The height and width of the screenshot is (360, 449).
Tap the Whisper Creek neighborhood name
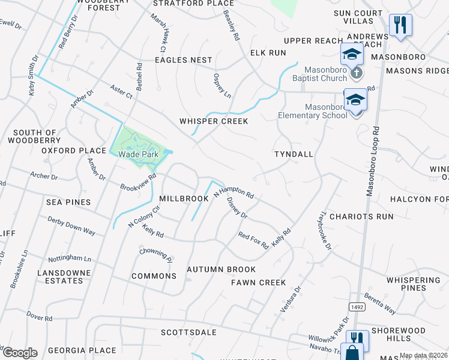(214, 121)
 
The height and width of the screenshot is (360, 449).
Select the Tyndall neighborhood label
(294, 154)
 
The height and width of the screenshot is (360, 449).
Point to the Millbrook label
(184, 198)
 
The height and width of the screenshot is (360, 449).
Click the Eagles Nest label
(184, 60)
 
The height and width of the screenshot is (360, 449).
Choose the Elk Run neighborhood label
(268, 53)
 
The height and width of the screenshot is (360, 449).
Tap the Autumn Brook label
(221, 269)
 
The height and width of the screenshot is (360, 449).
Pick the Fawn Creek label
(258, 282)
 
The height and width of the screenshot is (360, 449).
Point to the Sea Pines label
(68, 202)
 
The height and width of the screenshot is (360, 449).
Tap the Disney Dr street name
(237, 208)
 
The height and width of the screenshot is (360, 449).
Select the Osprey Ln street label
(222, 85)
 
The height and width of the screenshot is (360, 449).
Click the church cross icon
(357, 73)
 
